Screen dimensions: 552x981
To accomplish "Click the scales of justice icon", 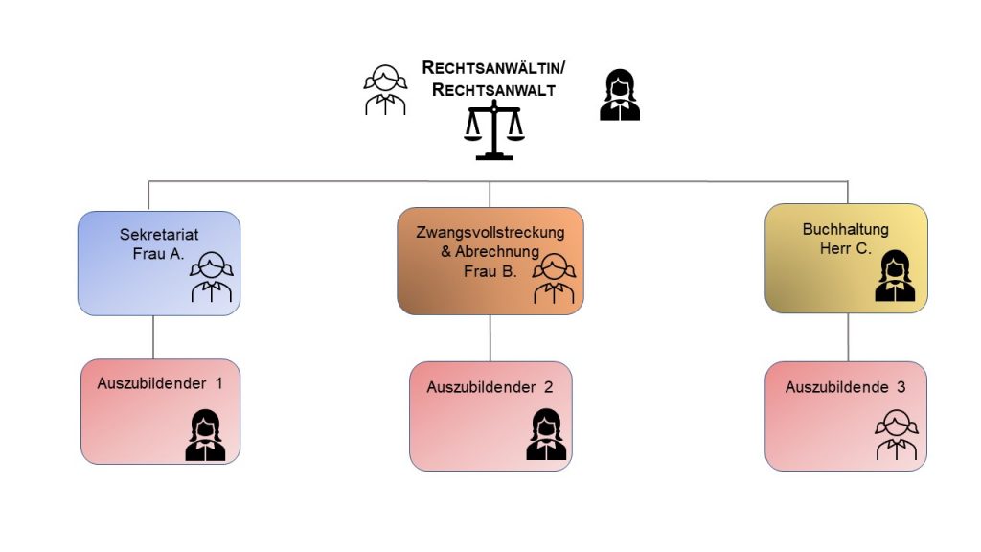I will point(494,131).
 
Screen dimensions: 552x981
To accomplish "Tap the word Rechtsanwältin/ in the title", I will point(494,69).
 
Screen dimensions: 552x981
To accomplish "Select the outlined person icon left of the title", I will point(385,90).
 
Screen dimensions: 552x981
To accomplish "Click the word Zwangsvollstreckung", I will point(490,233).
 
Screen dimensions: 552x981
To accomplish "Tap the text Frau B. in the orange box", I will point(490,271).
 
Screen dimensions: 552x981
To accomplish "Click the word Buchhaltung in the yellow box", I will point(846,229).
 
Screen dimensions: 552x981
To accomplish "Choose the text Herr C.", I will point(846,248).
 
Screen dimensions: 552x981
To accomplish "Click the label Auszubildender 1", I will point(160,383).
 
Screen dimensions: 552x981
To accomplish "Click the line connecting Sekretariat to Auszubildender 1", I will point(154,337).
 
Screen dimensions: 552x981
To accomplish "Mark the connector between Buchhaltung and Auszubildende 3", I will point(847,337).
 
